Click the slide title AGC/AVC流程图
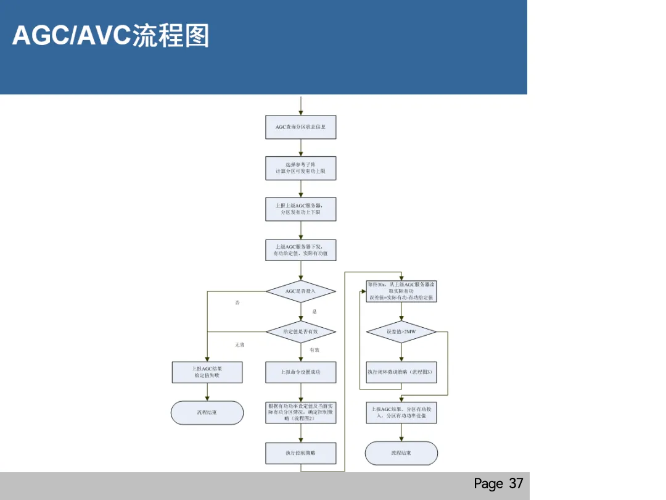111,36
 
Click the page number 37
498,483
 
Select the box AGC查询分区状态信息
301,127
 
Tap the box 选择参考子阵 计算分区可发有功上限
301,168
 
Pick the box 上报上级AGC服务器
301,209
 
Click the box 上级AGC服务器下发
301,250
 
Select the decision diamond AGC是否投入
301,291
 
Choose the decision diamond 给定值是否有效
301,332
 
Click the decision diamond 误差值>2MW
401,331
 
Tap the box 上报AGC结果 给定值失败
207,372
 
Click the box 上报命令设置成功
301,372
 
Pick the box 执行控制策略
301,453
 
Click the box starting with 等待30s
401,291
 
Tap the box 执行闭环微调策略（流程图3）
401,372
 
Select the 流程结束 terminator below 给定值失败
207,412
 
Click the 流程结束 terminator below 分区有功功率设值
401,453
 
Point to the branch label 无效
239,344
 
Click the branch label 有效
314,350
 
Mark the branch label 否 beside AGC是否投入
237,303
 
